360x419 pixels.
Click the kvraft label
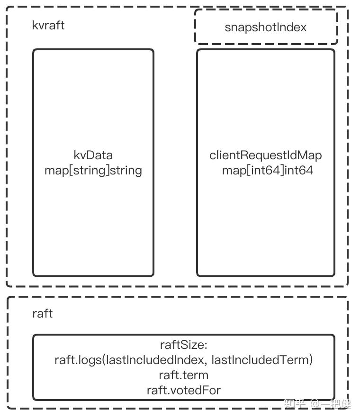pos(48,25)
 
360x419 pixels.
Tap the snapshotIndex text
pos(265,27)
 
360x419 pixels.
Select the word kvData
pos(93,155)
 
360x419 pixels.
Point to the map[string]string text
pos(93,170)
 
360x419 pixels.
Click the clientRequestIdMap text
pos(266,155)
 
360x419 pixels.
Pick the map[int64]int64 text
pos(267,170)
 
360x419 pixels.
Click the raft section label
pos(42,313)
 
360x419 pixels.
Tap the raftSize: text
pos(183,345)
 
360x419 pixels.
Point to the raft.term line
pos(183,375)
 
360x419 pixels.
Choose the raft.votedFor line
pos(183,390)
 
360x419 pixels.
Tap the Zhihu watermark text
pos(317,403)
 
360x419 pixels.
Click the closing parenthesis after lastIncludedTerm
pos(311,360)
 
